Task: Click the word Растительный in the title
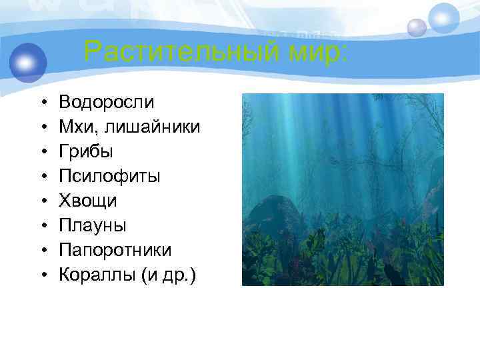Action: (174, 51)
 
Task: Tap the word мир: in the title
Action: (309, 51)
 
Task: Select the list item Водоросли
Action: (107, 102)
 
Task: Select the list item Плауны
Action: (92, 225)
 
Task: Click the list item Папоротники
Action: (115, 250)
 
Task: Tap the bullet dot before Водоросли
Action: (41, 103)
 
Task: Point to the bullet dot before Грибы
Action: (41, 152)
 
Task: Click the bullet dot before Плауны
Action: (41, 226)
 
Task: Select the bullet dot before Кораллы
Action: (41, 275)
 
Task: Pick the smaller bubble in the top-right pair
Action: (417, 27)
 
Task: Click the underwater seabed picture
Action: (342, 189)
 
